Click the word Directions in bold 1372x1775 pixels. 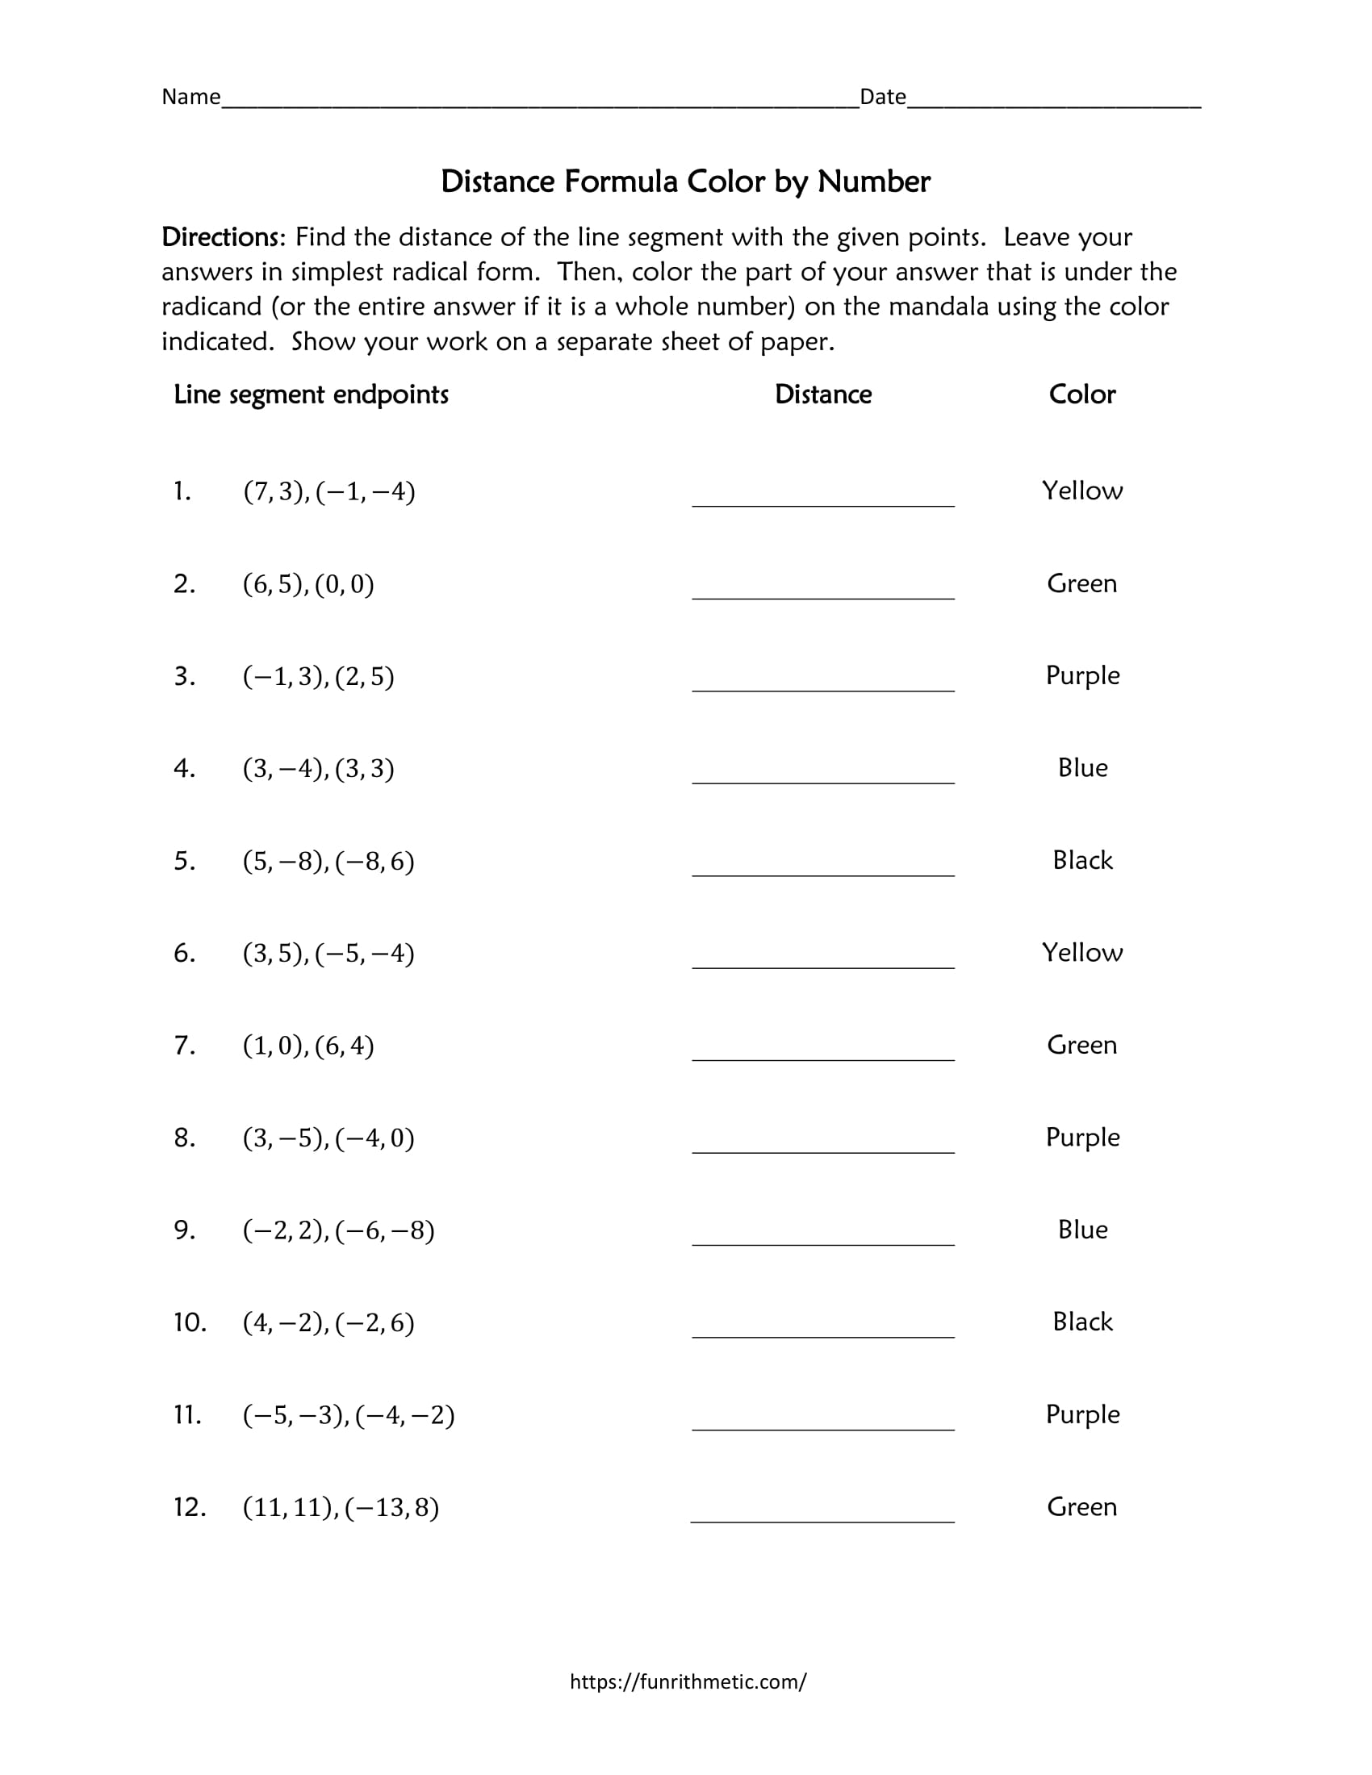(x=221, y=237)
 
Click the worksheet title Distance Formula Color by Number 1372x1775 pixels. (x=685, y=182)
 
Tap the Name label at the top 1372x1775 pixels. (x=190, y=97)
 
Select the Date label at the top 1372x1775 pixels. (x=882, y=97)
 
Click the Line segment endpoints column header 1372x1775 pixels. (x=311, y=395)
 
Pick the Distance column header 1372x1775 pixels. (x=822, y=395)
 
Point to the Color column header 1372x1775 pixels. (x=1081, y=395)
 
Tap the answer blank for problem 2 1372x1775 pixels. (x=822, y=587)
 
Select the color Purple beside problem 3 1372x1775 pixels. (x=1081, y=675)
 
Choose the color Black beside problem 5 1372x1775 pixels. (x=1081, y=860)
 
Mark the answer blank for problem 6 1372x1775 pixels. (x=822, y=956)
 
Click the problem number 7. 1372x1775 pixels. (x=184, y=1045)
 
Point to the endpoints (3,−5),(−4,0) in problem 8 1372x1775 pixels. (x=328, y=1138)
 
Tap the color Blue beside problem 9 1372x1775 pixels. (x=1081, y=1230)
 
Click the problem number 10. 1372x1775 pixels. (x=190, y=1322)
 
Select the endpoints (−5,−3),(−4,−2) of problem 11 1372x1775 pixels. (x=348, y=1415)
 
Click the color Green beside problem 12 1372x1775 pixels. (x=1081, y=1507)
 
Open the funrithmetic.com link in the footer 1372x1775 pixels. (x=688, y=1681)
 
